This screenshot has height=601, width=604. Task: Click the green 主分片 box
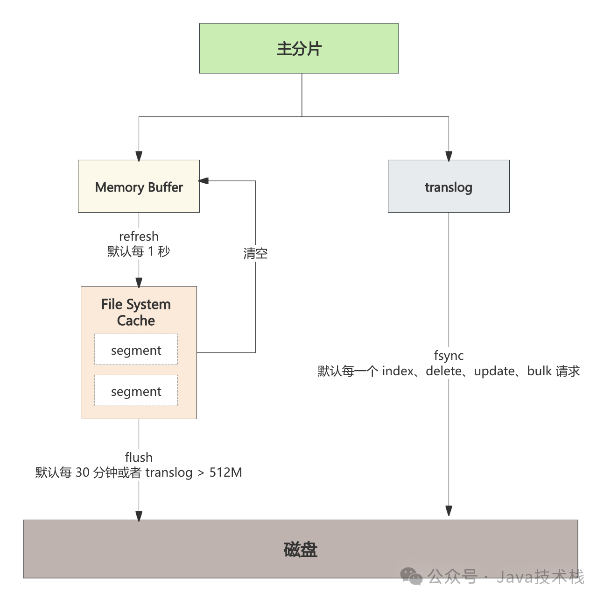[x=299, y=49]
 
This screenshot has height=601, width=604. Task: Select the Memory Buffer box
[x=139, y=186]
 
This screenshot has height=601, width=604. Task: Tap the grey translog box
[x=448, y=186]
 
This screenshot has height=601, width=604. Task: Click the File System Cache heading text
[x=136, y=312]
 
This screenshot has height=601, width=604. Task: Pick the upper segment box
[x=136, y=350]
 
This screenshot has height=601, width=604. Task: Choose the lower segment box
[x=136, y=391]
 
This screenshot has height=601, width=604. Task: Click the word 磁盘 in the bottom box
[x=300, y=549]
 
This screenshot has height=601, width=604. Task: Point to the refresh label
[x=139, y=236]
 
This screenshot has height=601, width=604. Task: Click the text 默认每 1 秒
[x=139, y=251]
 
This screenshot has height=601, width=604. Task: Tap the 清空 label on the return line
[x=255, y=253]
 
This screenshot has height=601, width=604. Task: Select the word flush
[x=139, y=457]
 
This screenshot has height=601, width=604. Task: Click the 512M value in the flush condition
[x=225, y=472]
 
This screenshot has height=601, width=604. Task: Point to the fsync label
[x=449, y=355]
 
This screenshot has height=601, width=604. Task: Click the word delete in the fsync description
[x=443, y=371]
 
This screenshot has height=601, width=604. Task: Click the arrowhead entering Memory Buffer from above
[x=139, y=156]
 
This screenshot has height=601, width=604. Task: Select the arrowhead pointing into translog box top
[x=449, y=156]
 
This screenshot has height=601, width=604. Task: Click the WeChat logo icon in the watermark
[x=412, y=576]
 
